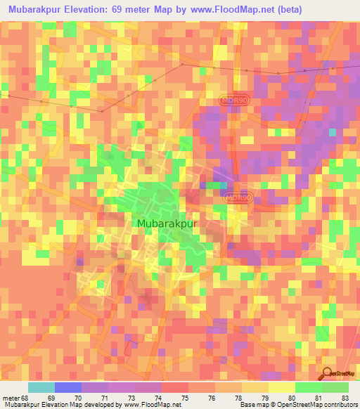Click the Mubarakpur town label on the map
(166, 226)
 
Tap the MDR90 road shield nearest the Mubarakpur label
(239, 198)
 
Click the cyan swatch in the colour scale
(41, 387)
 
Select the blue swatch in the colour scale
(68, 387)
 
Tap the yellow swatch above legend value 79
(255, 387)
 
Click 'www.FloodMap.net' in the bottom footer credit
(142, 405)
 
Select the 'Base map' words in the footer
(252, 405)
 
